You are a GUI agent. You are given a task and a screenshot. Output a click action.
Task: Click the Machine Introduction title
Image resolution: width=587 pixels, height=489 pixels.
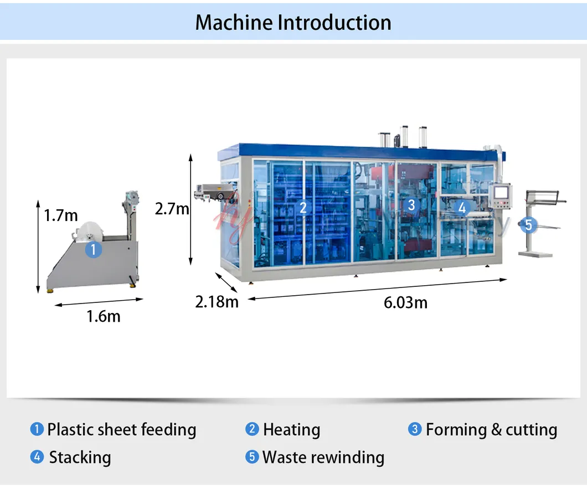coord(293,23)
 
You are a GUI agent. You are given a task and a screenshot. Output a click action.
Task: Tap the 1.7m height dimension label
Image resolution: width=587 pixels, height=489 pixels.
coord(61,215)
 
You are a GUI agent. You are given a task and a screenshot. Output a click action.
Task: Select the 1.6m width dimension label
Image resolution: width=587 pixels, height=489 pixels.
coord(103,316)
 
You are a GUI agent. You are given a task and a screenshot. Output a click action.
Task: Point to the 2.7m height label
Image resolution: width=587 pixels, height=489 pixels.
coord(172,209)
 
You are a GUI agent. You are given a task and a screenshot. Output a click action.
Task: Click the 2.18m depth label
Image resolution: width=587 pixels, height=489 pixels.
coord(217,302)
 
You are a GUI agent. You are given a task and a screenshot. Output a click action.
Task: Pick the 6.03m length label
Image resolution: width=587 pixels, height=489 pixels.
coord(405,302)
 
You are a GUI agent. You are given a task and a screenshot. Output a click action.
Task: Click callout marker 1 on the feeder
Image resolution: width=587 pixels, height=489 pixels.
coord(93,250)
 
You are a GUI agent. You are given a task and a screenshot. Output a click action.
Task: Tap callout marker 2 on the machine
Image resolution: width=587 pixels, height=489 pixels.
coord(302,207)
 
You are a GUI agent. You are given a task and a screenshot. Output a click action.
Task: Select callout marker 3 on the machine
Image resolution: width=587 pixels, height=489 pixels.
coord(411,205)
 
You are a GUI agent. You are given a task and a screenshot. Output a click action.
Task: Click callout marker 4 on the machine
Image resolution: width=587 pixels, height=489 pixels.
coord(462,208)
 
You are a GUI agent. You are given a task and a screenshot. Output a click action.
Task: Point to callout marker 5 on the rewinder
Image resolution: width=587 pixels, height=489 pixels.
coord(528,225)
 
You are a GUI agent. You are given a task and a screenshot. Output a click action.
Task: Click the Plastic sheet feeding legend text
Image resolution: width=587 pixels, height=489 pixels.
coord(121,430)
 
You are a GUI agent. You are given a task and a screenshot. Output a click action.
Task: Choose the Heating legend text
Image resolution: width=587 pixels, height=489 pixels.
coord(291,430)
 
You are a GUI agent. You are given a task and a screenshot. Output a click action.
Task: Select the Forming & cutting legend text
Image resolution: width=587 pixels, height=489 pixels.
coord(491,430)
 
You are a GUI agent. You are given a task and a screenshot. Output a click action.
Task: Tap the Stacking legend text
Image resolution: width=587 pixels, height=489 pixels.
coord(80,457)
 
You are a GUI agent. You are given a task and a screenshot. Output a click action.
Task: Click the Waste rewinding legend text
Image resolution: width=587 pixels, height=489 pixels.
coord(323,457)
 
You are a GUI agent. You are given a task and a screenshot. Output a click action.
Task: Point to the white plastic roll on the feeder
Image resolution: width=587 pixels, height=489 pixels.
coord(88,232)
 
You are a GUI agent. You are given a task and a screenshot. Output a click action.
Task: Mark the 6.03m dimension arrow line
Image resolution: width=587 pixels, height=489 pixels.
coord(377,289)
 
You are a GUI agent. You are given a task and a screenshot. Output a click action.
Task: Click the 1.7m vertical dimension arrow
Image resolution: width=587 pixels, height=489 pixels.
coord(38,246)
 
